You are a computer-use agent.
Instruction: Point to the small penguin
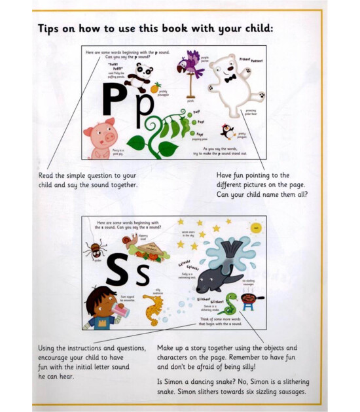pyautogui.click(x=227, y=131)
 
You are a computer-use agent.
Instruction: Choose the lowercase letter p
pyautogui.click(x=145, y=109)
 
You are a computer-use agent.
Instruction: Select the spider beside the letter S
pyautogui.click(x=95, y=250)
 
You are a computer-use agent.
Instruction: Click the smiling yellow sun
pyautogui.click(x=256, y=228)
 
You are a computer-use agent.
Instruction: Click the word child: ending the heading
pyautogui.click(x=253, y=29)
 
